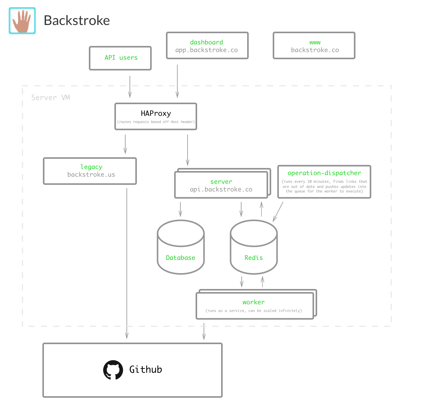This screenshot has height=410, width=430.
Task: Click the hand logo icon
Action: [22, 21]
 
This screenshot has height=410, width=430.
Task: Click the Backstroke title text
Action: [77, 20]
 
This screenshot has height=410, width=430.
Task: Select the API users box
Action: [120, 58]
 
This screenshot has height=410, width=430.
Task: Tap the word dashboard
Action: [206, 42]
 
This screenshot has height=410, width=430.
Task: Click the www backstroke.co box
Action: [314, 45]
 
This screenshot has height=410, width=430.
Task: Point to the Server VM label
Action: [51, 98]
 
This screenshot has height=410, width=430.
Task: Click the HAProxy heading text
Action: [156, 113]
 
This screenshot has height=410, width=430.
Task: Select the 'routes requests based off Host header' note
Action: [156, 122]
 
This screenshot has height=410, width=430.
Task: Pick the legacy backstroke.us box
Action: [90, 171]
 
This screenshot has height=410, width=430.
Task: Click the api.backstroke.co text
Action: [221, 189]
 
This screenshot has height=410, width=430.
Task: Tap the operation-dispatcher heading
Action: [324, 173]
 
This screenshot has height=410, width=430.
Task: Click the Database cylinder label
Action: [181, 258]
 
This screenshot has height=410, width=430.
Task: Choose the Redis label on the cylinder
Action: [254, 258]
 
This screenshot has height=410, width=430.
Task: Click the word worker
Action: [254, 302]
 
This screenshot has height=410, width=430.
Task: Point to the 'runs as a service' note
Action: [254, 311]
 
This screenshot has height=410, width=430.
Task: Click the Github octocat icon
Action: [113, 370]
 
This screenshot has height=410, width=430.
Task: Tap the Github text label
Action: [146, 369]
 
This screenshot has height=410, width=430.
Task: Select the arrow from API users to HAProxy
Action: [130, 87]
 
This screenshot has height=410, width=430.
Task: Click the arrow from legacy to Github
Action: [127, 264]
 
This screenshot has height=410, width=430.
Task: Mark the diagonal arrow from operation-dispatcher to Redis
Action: [278, 212]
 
